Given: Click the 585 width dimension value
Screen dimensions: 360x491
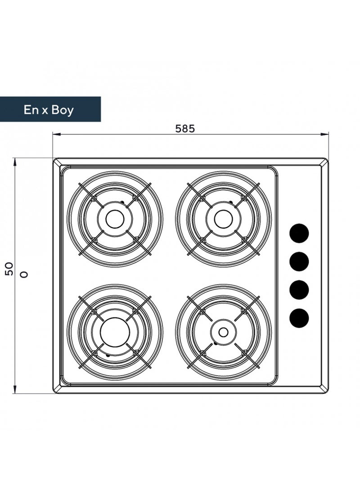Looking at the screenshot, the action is pos(184,128).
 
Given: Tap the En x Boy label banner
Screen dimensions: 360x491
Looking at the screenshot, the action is pos(50,109).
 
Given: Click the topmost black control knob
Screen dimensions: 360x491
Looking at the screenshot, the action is pos(299,233).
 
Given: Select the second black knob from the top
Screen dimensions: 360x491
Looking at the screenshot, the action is pos(299,261).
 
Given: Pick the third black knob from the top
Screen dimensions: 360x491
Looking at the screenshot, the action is pos(299,290).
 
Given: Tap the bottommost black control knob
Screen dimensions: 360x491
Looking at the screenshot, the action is pos(299,318).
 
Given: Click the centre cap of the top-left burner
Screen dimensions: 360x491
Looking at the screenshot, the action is pos(115,219).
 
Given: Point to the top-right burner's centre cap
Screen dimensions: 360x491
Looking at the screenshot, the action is pos(224,219).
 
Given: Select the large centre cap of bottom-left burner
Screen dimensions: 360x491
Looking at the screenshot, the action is pos(115,332).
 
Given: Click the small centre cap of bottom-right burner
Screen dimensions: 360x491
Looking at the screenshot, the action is pos(224,332).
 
